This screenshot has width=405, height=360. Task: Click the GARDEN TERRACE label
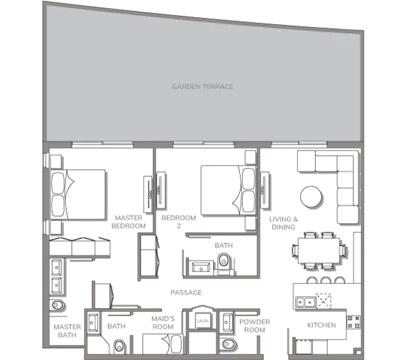point(202,87)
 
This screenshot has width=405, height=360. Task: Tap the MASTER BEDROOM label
point(128,222)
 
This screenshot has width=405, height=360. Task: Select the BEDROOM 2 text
point(179,222)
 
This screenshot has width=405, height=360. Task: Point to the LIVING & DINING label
point(283,223)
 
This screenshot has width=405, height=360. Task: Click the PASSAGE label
point(186,292)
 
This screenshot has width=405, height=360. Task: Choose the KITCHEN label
point(322,325)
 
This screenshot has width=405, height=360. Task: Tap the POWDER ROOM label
point(254,326)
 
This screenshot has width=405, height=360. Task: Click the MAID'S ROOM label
point(163,323)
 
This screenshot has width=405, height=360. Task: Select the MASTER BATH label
point(67,331)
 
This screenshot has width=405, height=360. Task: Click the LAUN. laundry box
point(202,321)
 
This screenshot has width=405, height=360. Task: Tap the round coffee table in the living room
point(311,196)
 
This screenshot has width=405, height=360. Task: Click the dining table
point(319,250)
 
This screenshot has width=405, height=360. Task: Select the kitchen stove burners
point(353,322)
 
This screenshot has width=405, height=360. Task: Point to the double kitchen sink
point(306,302)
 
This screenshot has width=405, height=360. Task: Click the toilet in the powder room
point(229,344)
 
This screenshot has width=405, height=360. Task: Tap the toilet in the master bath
point(58,305)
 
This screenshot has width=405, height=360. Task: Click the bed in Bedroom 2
point(228,191)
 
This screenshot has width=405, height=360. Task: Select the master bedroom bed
point(78,194)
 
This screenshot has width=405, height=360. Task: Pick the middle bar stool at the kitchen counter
point(325,280)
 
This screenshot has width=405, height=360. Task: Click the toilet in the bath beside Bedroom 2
point(224,260)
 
